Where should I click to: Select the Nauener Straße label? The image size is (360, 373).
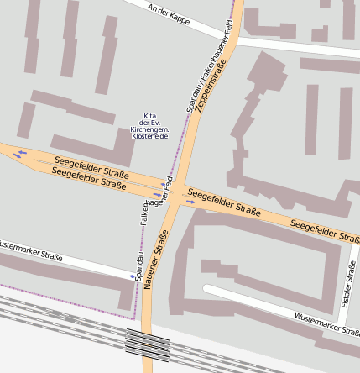[x=156, y=260]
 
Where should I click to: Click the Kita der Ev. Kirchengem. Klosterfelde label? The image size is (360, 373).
[x=149, y=125]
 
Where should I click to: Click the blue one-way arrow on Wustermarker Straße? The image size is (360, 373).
[x=132, y=276]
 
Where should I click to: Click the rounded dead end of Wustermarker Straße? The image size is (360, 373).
[x=207, y=290]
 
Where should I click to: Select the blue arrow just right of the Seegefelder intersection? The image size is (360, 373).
[x=190, y=202]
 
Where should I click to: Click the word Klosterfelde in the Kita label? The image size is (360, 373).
[x=149, y=135]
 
